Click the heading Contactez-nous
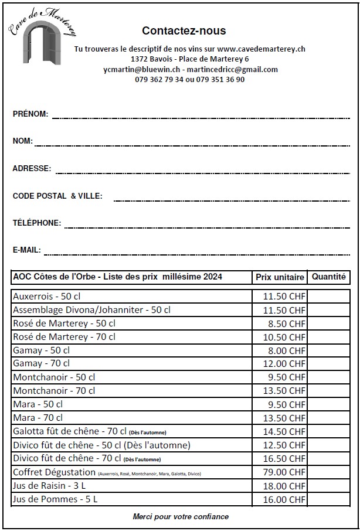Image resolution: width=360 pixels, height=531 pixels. pos(184,31)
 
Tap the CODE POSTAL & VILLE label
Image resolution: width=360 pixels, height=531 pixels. pos(57,196)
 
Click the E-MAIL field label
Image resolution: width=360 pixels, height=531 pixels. pos(26,250)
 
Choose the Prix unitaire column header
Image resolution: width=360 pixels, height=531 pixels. pos(280,277)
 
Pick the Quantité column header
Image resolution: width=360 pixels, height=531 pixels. pos(328,277)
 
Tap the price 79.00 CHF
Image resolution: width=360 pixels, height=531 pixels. pos(284,472)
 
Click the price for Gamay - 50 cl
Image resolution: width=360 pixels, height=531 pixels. pos(284,351)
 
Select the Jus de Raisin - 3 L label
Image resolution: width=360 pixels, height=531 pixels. pos(55,486)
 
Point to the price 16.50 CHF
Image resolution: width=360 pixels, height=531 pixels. pos(284,459)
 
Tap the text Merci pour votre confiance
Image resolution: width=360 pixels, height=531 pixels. pos(180,517)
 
